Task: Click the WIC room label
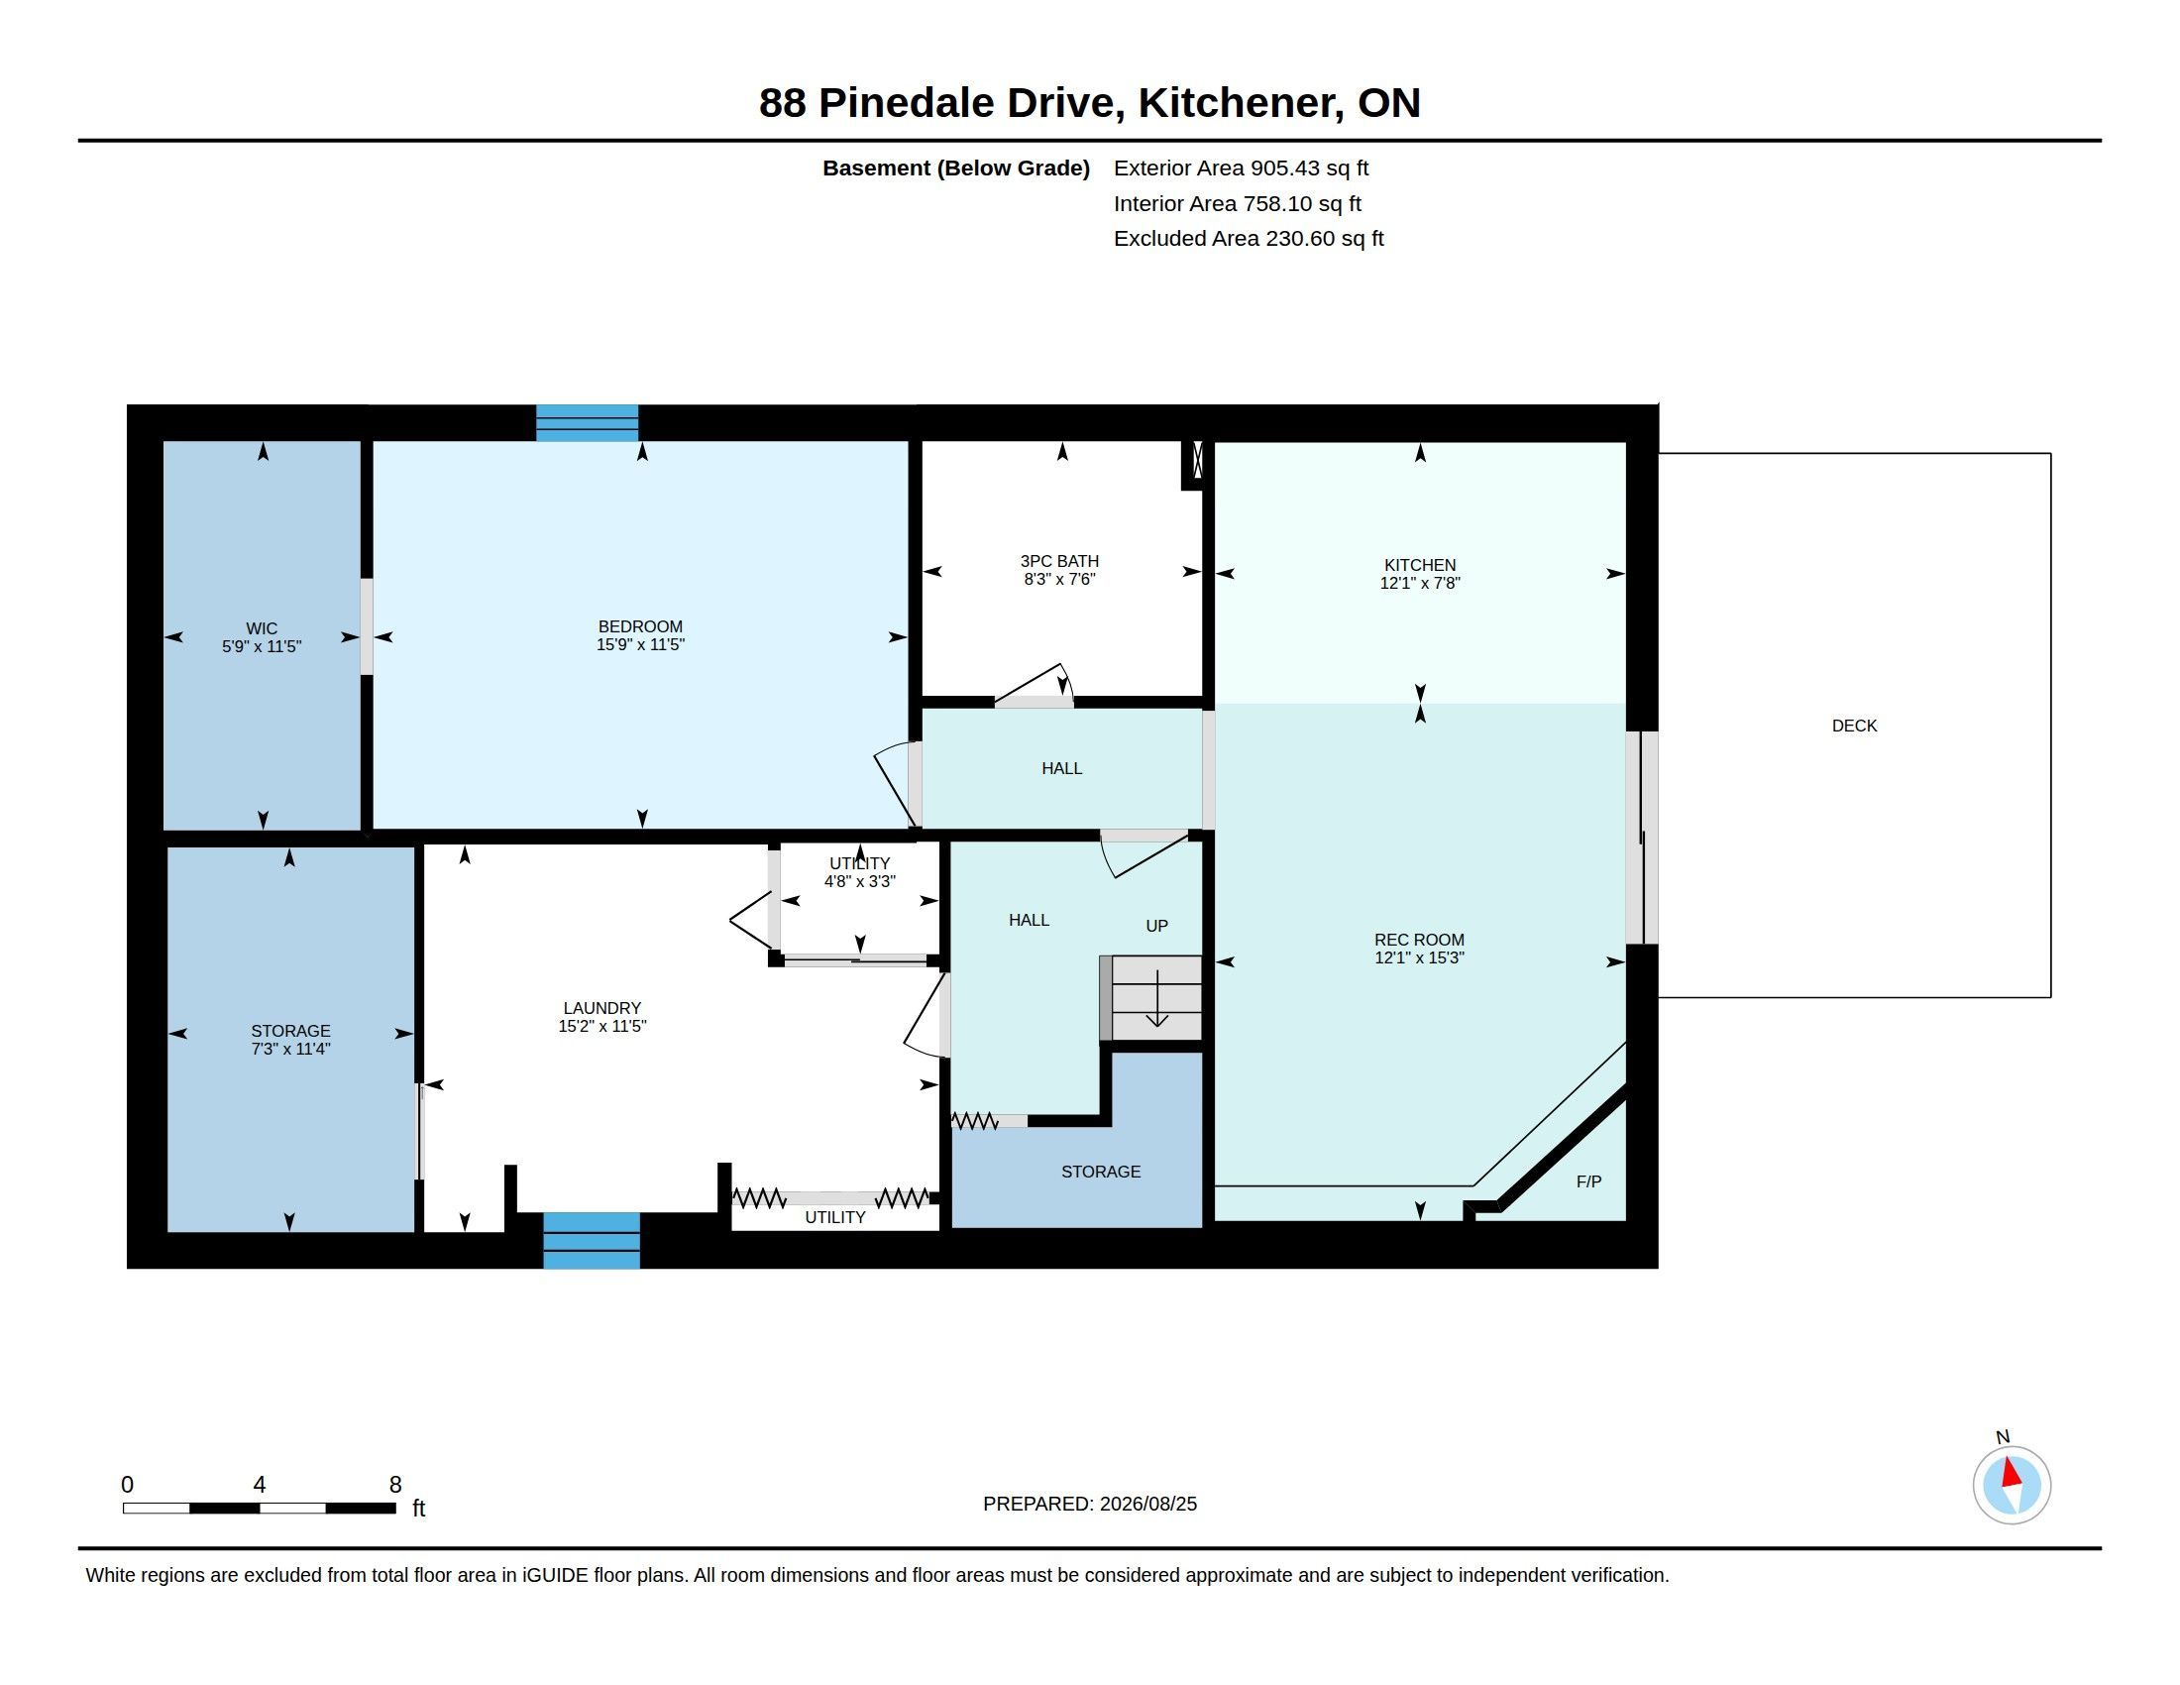(x=262, y=627)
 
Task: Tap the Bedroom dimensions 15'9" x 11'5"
(x=641, y=645)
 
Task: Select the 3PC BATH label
(x=1060, y=561)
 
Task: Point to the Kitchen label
(x=1419, y=565)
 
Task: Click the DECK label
(x=1855, y=726)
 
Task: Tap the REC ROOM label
(x=1419, y=940)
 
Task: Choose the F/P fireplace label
(x=1589, y=1181)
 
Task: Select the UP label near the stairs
(x=1156, y=927)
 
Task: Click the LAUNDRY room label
(x=601, y=1008)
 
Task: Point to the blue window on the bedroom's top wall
(x=587, y=423)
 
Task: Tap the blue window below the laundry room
(x=592, y=1241)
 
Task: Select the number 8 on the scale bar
(x=395, y=1485)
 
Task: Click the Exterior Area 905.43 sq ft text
(x=1241, y=168)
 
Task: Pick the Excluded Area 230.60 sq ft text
(x=1249, y=239)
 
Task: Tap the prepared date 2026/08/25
(x=1147, y=1504)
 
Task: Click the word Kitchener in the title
(x=1241, y=103)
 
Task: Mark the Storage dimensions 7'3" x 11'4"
(x=290, y=1049)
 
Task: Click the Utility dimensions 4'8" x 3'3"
(x=859, y=881)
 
